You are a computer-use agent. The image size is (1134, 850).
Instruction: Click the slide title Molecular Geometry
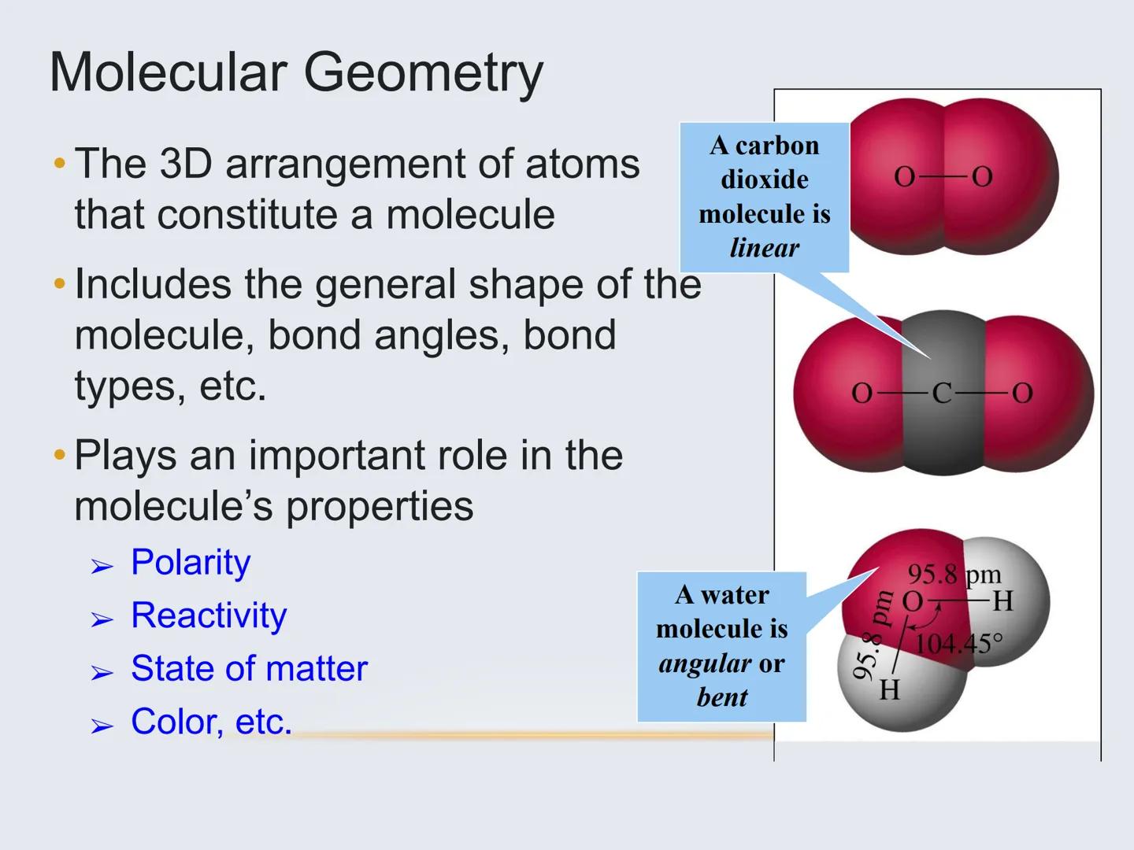pos(296,72)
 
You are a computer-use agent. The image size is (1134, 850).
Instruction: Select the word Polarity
pos(191,563)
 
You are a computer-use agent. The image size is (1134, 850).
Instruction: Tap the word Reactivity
pos(209,615)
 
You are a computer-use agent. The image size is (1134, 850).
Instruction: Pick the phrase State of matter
pos(249,669)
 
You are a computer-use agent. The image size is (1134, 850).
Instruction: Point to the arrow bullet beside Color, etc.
pos(102,725)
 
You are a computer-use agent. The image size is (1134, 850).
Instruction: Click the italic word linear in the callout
pos(764,248)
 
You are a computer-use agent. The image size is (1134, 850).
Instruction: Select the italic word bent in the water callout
pos(722,697)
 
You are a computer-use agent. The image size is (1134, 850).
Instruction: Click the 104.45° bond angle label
pos(958,644)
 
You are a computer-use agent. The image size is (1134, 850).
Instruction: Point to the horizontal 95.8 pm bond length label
pos(954,575)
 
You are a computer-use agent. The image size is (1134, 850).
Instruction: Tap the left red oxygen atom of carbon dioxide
pos(843,394)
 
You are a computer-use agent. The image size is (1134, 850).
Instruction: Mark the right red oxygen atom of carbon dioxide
pos(1039,394)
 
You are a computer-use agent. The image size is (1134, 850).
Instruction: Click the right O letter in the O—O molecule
pos(982,177)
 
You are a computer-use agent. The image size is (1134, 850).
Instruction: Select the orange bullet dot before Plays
pos(59,455)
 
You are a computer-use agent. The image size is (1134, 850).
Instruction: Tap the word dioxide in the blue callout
pos(764,179)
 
